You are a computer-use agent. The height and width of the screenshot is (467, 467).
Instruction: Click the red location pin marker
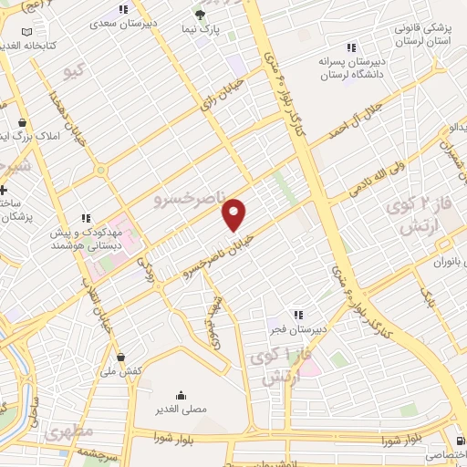(234, 214)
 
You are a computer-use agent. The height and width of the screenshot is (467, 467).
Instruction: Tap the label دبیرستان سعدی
(124, 20)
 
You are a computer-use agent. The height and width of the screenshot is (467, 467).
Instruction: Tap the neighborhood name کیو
(71, 69)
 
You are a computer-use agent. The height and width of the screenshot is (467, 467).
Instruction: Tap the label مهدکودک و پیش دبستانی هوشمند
(86, 239)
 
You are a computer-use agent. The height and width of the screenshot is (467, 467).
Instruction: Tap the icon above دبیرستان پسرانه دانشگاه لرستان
(349, 47)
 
